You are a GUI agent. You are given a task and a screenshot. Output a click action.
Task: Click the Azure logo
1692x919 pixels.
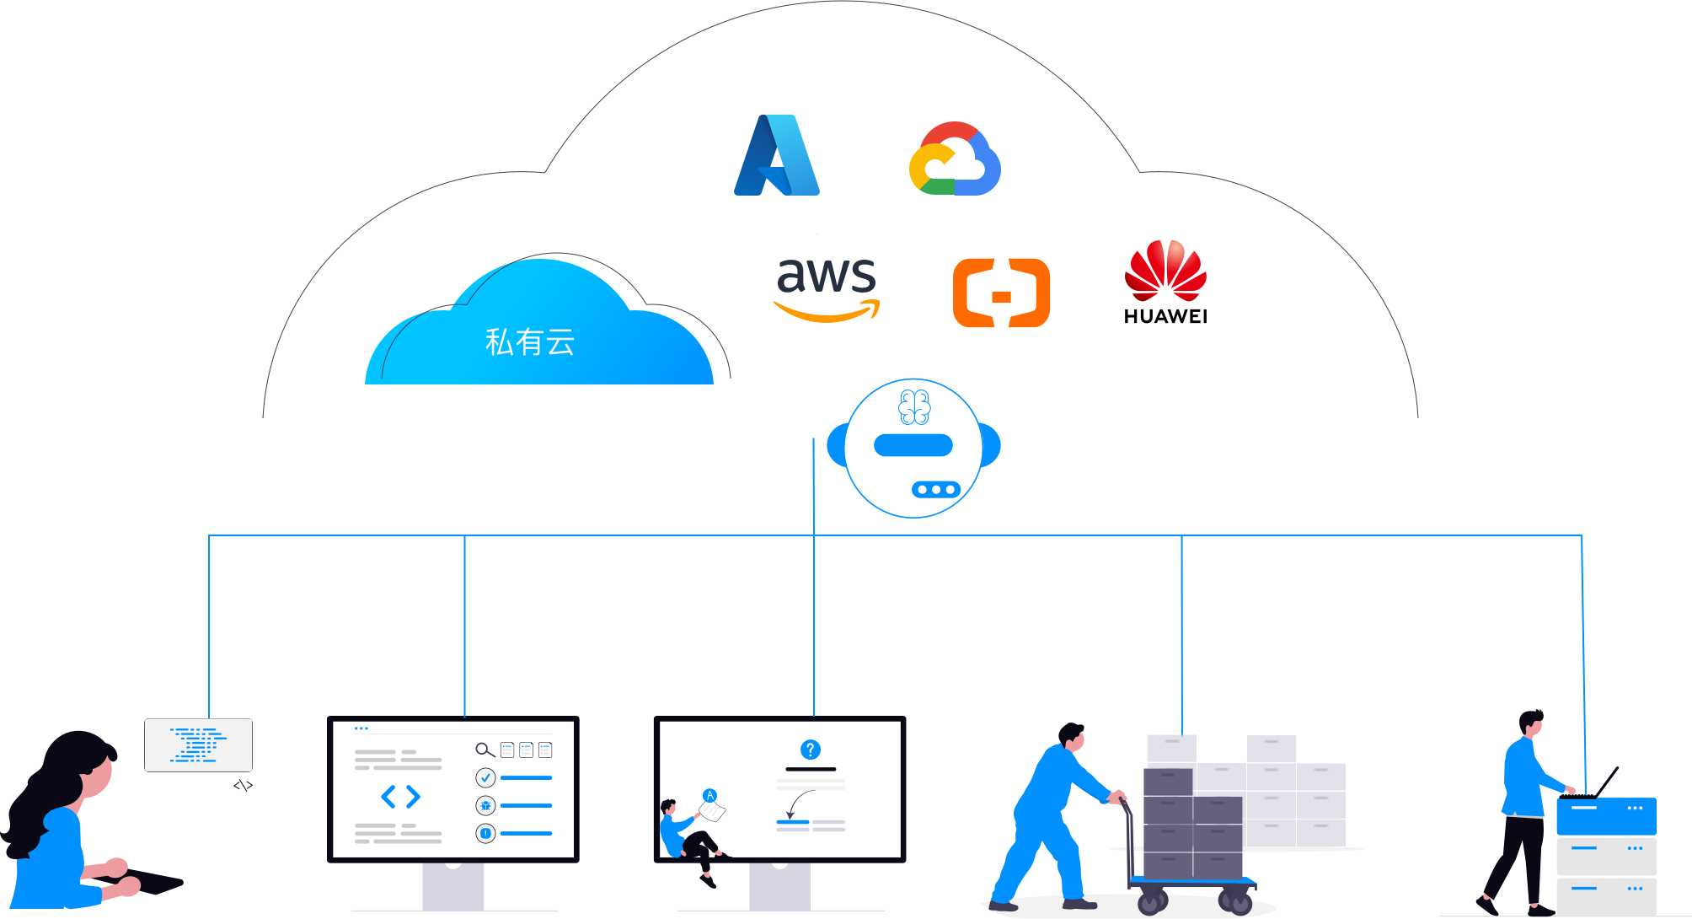pos(777,156)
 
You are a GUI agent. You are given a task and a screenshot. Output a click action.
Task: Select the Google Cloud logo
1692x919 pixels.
pos(955,159)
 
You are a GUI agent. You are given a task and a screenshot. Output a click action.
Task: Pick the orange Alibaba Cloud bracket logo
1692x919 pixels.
pos(1001,293)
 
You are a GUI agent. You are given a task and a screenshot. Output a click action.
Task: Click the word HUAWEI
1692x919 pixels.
pos(1165,317)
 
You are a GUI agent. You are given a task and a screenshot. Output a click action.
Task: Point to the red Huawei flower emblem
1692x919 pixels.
pos(1165,270)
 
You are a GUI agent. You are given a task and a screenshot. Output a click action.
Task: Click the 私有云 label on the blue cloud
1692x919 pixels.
pos(530,342)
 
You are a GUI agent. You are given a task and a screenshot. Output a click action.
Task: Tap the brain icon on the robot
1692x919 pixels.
pos(914,407)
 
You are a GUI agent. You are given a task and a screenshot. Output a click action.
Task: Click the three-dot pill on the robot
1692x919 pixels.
pos(935,490)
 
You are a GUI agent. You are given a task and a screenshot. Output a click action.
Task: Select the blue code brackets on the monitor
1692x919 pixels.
pos(400,796)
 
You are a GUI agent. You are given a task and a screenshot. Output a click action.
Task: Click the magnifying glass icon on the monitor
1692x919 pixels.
pos(485,750)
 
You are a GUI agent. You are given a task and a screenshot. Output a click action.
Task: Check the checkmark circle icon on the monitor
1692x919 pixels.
pos(485,777)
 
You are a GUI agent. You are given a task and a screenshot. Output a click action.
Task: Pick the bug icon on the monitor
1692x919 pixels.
pos(485,806)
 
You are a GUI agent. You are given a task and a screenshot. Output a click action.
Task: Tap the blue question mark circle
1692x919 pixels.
pos(810,750)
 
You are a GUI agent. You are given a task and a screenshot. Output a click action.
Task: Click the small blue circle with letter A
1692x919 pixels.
pos(709,795)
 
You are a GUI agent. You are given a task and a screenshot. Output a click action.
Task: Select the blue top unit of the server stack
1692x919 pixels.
pos(1606,815)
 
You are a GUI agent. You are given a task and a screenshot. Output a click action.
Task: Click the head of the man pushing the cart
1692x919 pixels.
pos(1073,736)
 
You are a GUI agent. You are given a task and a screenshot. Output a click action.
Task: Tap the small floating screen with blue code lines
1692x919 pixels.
pos(198,744)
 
